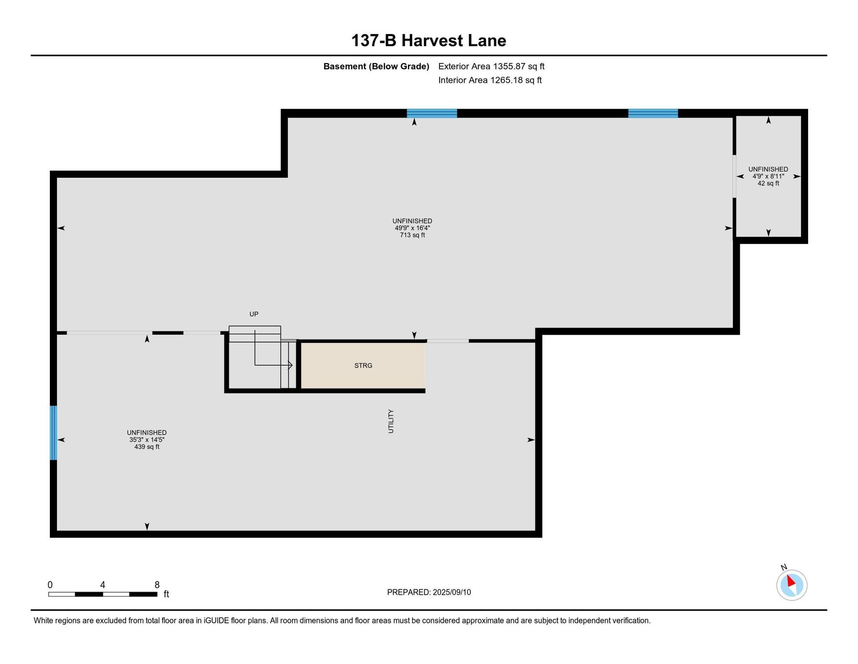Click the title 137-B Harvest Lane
coord(429,41)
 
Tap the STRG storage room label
coord(363,366)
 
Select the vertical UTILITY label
coord(391,421)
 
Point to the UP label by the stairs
coord(254,314)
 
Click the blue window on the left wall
coord(53,433)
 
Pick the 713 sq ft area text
coord(412,235)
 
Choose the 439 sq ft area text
coord(147,447)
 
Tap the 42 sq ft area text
coord(768,183)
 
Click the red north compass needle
coord(791,581)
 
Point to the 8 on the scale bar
coord(157,585)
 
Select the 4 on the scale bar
coord(103,585)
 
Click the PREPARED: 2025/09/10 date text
coord(429,592)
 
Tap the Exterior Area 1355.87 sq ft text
coord(491,66)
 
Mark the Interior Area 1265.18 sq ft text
coord(490,80)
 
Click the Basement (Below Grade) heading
coord(376,66)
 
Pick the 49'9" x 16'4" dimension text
coord(412,228)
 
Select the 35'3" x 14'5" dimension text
coord(147,440)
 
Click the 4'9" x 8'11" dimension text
coord(768,177)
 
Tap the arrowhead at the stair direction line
coord(290,365)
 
